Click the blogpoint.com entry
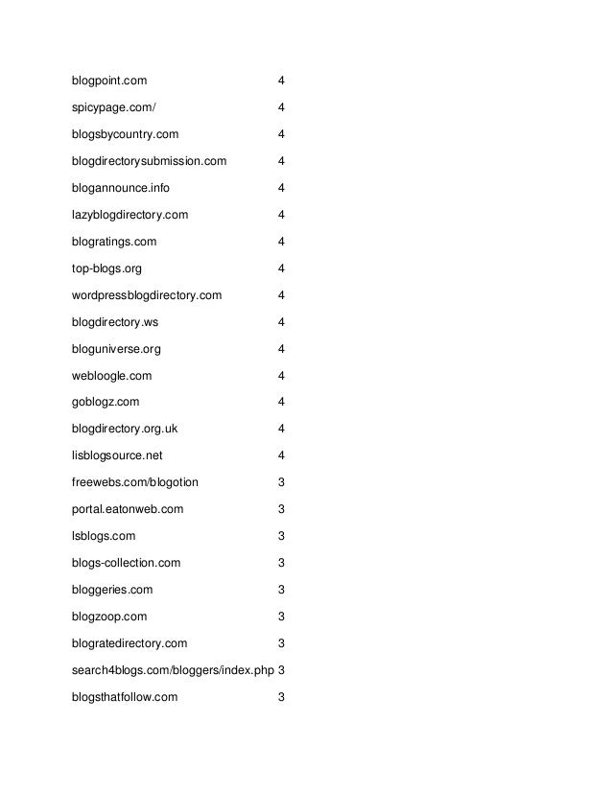pyautogui.click(x=108, y=81)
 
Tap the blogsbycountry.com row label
pyautogui.click(x=125, y=134)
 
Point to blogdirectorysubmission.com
pyautogui.click(x=149, y=161)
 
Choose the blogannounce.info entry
pyautogui.click(x=121, y=188)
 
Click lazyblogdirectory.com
pyautogui.click(x=129, y=215)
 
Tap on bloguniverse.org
pyautogui.click(x=115, y=349)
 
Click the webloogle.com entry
pyautogui.click(x=111, y=376)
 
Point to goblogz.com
pyautogui.click(x=105, y=402)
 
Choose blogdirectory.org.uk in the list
pyautogui.click(x=125, y=429)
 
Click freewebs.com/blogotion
pyautogui.click(x=135, y=482)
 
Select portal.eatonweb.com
pyautogui.click(x=127, y=509)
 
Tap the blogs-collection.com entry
pyautogui.click(x=126, y=563)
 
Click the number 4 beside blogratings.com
pyautogui.click(x=281, y=242)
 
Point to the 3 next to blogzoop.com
pyautogui.click(x=281, y=617)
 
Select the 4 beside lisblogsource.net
pyautogui.click(x=281, y=455)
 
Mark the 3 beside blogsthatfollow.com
pyautogui.click(x=281, y=696)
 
